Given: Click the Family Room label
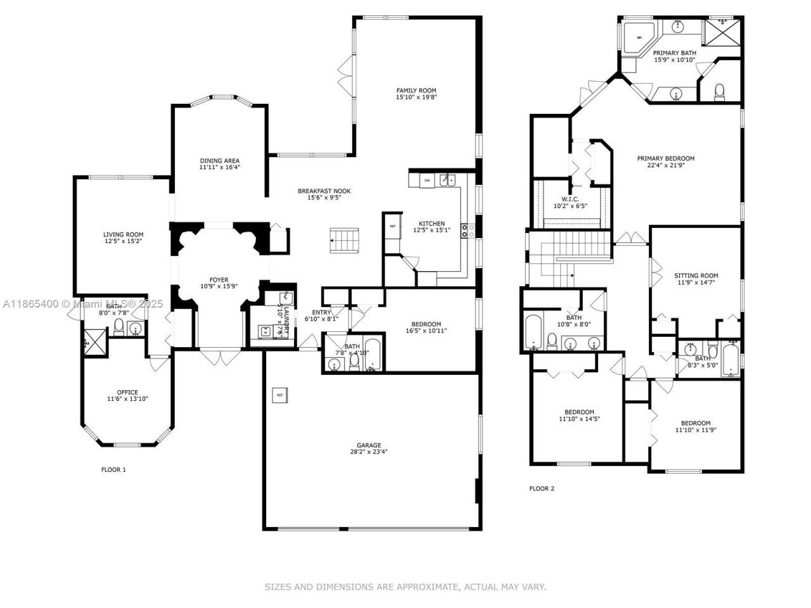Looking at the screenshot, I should (416, 91).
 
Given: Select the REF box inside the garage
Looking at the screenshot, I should (279, 395).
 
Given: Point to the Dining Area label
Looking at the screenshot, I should (220, 161).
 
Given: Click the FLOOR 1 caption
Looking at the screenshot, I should (114, 470).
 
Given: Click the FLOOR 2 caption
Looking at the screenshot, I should (542, 488).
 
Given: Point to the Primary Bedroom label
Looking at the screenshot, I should (666, 158).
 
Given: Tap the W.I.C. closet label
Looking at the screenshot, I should (570, 199).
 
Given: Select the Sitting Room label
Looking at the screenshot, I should (696, 275).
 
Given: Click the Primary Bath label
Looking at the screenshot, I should (675, 53).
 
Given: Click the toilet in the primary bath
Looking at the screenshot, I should (719, 92).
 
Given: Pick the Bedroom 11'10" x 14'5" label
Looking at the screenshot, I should (579, 412).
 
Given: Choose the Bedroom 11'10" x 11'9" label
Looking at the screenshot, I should (696, 423).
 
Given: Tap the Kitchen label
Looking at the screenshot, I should (431, 224).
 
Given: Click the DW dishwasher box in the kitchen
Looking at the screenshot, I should (427, 180).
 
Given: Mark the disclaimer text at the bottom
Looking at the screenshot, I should (405, 587).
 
